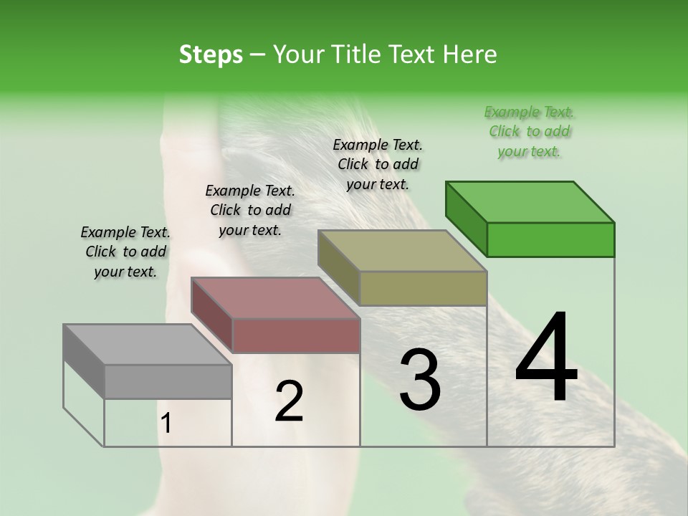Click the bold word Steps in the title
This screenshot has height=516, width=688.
(x=211, y=54)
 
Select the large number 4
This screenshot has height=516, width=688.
(x=546, y=358)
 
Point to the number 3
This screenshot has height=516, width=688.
(x=420, y=380)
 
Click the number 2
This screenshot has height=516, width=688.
(x=289, y=402)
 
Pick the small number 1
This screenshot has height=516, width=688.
(x=166, y=424)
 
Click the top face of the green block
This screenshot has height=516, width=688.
(x=530, y=201)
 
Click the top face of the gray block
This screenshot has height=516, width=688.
(x=148, y=345)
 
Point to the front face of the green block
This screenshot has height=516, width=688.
(x=550, y=239)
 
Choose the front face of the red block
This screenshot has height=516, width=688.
(x=296, y=335)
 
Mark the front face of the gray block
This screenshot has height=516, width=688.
(x=168, y=382)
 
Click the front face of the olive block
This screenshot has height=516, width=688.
(x=423, y=288)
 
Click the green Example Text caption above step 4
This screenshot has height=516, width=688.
(x=529, y=131)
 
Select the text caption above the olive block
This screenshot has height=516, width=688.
(x=378, y=164)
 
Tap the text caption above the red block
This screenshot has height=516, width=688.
(x=249, y=210)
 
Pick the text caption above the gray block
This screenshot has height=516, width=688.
(x=125, y=252)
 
